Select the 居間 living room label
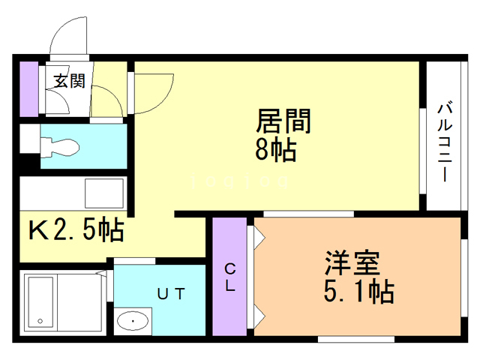pyautogui.click(x=283, y=121)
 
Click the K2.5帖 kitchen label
pyautogui.click(x=76, y=229)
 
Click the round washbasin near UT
pyautogui.click(x=133, y=322)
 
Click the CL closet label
pyautogui.click(x=230, y=277)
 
